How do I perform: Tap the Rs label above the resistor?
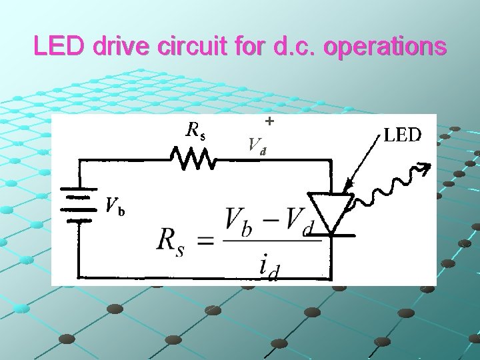click(x=195, y=131)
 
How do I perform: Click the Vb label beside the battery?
click(x=115, y=207)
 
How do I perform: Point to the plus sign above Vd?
click(x=269, y=122)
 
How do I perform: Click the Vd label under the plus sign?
click(x=257, y=145)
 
